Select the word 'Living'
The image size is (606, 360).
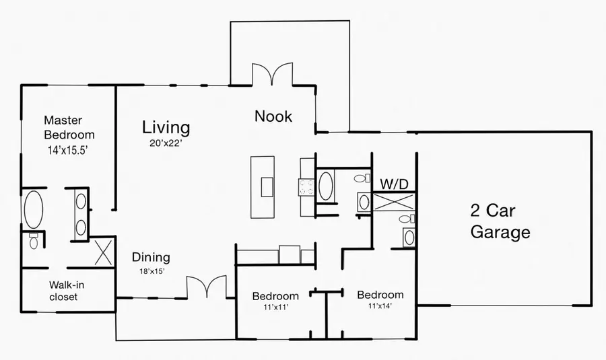166,127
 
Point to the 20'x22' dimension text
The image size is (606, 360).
166,143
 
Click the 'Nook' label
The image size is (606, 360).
273,116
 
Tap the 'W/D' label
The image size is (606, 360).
395,184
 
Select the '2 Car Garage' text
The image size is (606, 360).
500,221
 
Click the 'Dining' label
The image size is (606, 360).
151,257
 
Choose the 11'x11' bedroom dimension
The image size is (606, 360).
275,307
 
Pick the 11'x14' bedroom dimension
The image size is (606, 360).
379,305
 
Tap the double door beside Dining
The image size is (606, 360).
205,287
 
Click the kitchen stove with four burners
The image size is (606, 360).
307,186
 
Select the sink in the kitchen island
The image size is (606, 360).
267,186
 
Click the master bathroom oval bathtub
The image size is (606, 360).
33,209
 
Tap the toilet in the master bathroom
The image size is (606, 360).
34,240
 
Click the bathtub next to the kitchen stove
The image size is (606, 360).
325,186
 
